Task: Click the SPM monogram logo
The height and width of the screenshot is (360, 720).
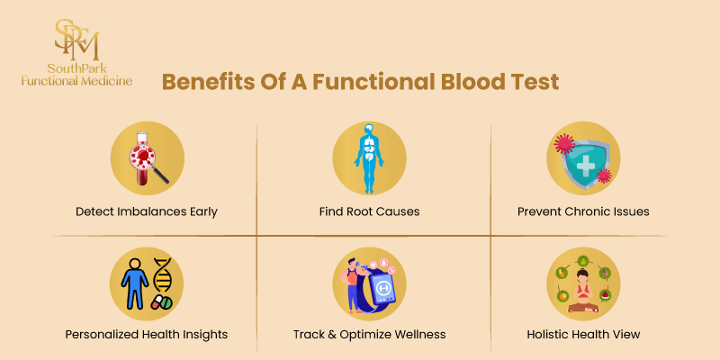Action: point(76,37)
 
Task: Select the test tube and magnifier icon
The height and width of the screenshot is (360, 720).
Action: point(147,157)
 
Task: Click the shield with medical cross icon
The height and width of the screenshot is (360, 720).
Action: point(583,157)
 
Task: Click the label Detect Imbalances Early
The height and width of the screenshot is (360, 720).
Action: point(147,211)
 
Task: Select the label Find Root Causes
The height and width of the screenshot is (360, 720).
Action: point(369,211)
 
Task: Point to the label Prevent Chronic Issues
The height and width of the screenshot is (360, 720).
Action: point(583,211)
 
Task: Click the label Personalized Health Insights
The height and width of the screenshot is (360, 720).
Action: point(147,334)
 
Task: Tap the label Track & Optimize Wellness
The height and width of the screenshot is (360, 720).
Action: point(369,334)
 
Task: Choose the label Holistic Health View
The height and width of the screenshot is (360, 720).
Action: point(583,334)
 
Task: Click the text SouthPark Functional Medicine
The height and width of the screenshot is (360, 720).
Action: point(76,74)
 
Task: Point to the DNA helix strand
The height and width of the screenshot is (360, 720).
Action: point(163,274)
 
